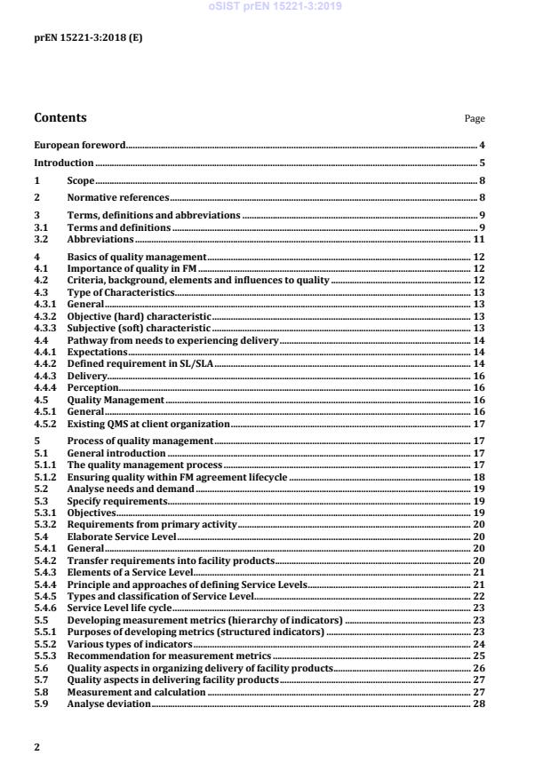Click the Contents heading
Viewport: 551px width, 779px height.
[60, 117]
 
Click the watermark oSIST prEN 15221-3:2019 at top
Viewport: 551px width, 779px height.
[275, 7]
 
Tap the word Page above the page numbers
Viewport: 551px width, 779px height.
[475, 118]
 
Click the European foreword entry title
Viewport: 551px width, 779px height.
[79, 145]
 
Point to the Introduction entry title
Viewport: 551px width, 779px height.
[63, 163]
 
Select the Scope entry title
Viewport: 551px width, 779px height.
[81, 181]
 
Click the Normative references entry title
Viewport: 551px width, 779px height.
[117, 198]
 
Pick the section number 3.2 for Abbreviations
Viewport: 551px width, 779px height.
[41, 240]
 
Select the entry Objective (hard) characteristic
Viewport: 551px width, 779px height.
[140, 316]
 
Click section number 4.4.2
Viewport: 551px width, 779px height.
[44, 364]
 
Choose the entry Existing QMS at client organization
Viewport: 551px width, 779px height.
[148, 424]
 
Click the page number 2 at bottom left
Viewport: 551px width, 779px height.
[36, 747]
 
